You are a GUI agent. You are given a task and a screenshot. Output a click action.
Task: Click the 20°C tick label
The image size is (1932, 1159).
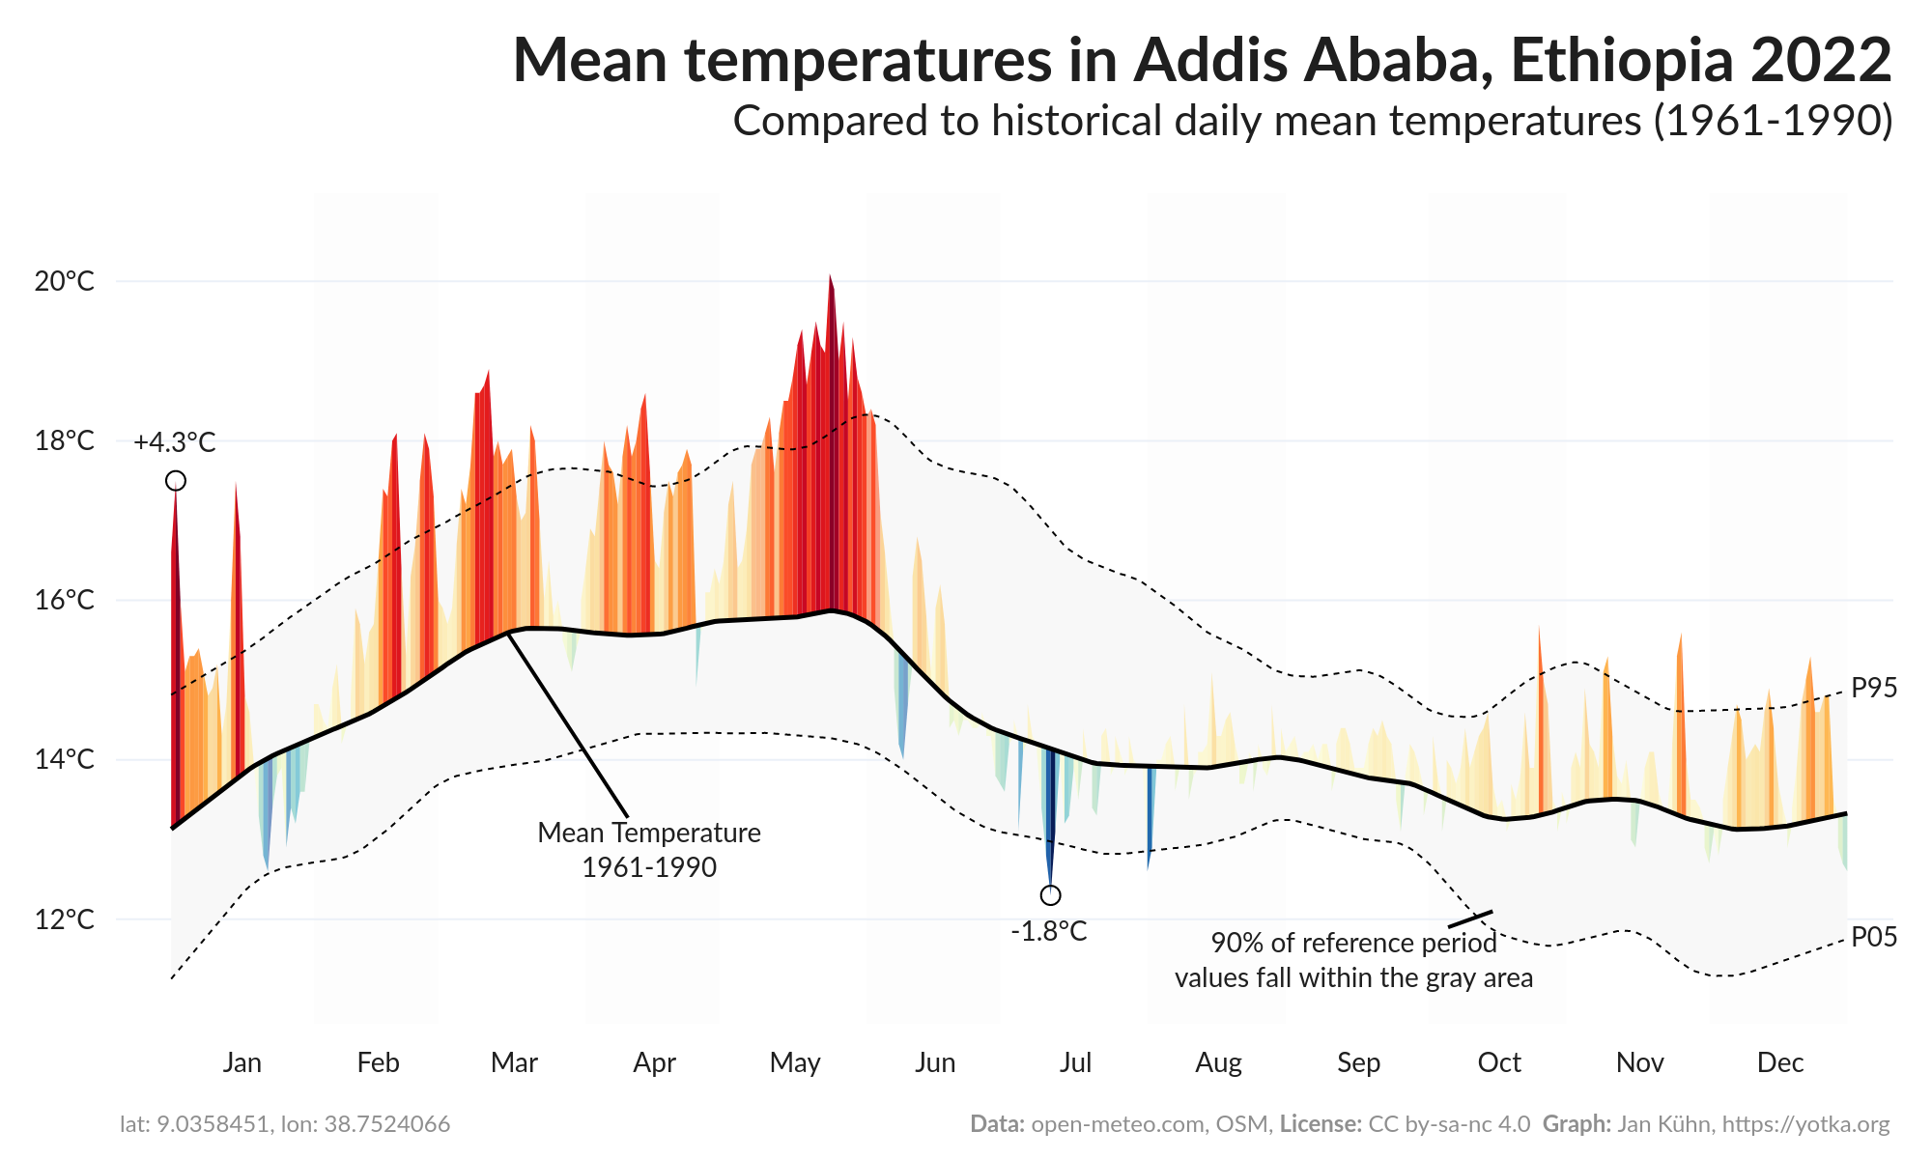[65, 282]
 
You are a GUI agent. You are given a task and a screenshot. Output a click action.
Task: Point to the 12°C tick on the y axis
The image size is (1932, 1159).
[65, 919]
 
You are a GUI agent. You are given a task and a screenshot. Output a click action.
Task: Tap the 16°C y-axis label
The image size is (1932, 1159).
[65, 601]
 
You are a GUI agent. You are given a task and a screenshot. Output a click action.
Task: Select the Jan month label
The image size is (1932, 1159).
[241, 1062]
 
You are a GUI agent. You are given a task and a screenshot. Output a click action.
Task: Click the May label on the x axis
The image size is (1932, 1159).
[795, 1062]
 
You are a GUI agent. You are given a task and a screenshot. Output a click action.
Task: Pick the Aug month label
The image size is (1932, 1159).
[1218, 1062]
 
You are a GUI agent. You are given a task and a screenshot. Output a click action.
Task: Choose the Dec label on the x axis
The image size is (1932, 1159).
[1779, 1062]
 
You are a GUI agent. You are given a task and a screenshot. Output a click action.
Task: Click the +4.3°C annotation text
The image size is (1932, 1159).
[175, 443]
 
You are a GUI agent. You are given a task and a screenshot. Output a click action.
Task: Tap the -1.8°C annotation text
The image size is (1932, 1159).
[1049, 932]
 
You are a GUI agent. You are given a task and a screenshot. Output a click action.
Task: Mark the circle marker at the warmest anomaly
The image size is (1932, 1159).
[176, 481]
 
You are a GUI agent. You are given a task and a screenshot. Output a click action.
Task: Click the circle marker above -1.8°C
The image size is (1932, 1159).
[1051, 895]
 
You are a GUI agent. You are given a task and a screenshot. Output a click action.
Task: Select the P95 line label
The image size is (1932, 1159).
[1874, 689]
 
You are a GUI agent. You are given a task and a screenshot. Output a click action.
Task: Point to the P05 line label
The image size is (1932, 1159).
[1874, 937]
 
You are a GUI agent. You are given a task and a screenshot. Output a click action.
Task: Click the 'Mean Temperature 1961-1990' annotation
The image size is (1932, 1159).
[649, 850]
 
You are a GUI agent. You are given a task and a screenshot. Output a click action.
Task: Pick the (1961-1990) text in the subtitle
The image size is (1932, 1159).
[1773, 122]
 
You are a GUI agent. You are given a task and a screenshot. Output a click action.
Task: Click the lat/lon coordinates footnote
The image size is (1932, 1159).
[285, 1124]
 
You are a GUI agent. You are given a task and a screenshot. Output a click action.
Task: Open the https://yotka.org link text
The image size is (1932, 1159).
[1805, 1124]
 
